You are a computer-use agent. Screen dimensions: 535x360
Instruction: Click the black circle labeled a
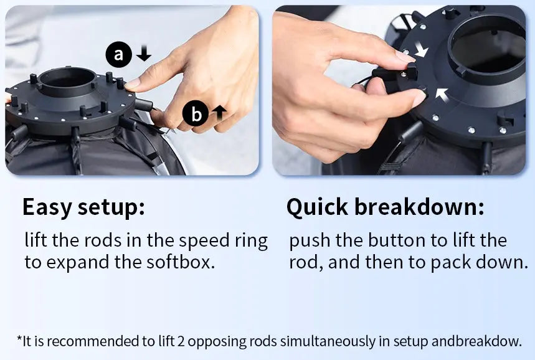pos(118,54)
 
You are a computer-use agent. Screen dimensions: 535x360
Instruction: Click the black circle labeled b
pos(196,113)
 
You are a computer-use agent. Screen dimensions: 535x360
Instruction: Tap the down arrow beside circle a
pos(144,53)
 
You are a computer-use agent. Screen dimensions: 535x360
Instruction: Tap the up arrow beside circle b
pos(219,113)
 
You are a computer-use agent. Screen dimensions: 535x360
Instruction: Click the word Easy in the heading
pos(47,207)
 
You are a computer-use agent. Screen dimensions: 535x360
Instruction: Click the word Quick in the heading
pos(317,207)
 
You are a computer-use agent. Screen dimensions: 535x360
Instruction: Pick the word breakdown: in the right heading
pos(419,207)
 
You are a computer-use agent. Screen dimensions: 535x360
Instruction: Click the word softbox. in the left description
pos(181,262)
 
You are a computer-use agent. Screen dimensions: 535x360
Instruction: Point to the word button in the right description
pos(397,240)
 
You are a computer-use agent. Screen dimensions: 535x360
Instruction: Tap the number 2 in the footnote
pos(181,341)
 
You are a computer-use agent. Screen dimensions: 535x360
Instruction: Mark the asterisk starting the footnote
pos(19,338)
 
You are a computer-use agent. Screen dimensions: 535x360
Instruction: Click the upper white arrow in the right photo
pos(421,49)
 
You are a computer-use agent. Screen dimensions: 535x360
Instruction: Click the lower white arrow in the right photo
pos(442,95)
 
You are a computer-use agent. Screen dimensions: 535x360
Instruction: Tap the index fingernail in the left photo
pos(133,83)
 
